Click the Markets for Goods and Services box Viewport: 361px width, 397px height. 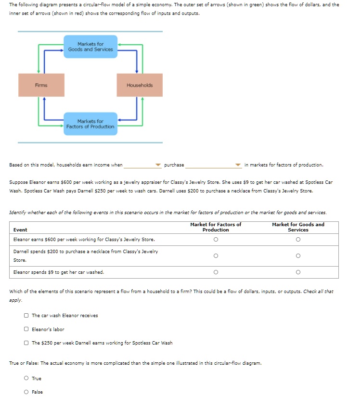coord(90,47)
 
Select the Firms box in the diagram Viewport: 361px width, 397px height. coord(41,85)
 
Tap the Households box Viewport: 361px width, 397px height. coord(140,85)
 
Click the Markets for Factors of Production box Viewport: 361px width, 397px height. coord(90,124)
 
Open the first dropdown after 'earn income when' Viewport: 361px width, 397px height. coord(142,165)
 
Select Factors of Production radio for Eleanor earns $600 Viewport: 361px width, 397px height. coord(216,240)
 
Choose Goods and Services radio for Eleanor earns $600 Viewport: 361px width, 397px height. coord(298,240)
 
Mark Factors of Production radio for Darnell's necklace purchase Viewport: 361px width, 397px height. coord(216,256)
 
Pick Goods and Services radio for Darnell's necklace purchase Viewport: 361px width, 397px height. coord(298,256)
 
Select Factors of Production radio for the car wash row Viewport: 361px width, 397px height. coord(216,272)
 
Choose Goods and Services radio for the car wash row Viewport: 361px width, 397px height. coord(298,272)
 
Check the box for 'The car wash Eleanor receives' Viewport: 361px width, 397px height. coord(26,316)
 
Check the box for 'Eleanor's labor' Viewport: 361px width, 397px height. coord(26,329)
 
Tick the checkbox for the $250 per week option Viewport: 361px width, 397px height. coord(26,343)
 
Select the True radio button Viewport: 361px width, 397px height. coord(26,379)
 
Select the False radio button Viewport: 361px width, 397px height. coord(26,392)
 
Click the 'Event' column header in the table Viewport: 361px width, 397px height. coord(20,230)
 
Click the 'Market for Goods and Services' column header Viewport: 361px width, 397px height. coord(298,227)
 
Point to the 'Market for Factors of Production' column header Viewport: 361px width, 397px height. coord(216,227)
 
